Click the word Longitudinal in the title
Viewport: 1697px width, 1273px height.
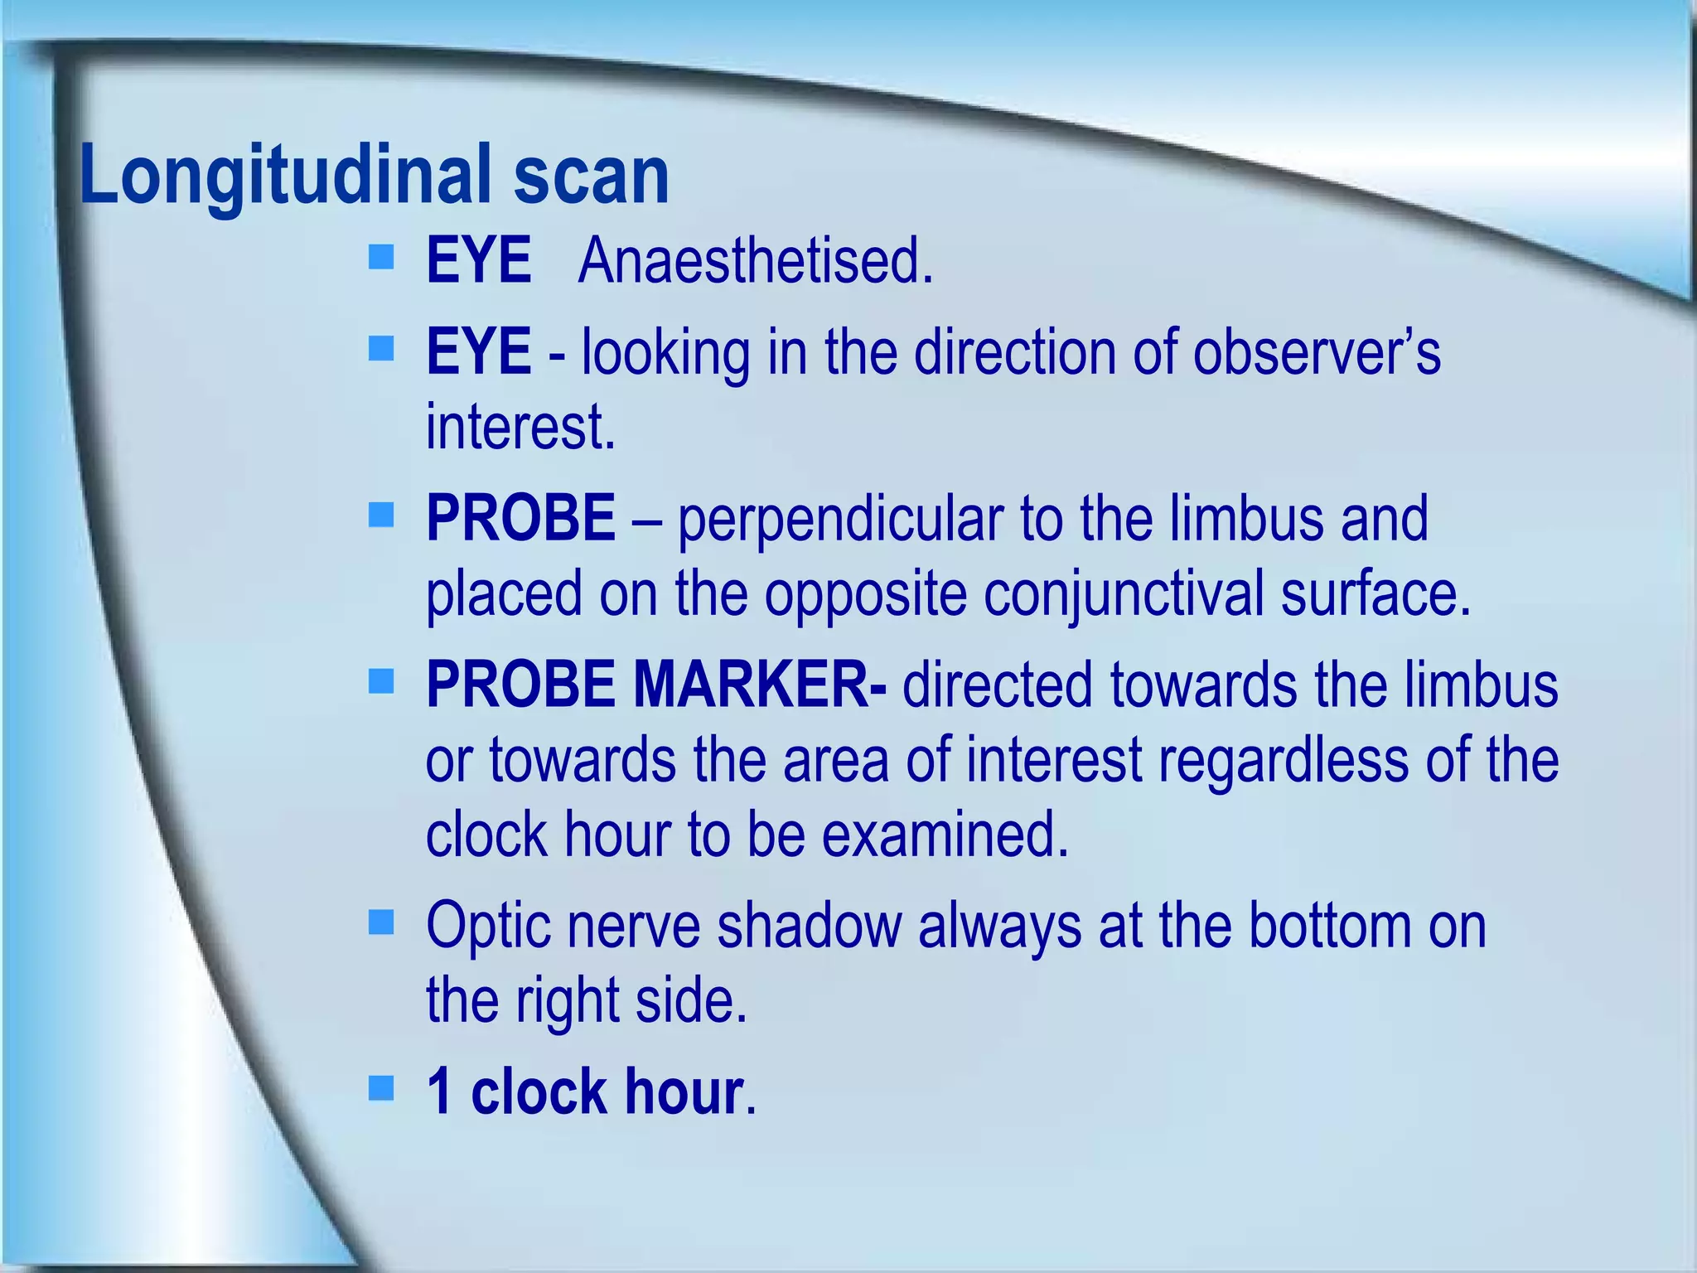(x=286, y=176)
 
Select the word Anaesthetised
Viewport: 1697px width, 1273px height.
(x=756, y=261)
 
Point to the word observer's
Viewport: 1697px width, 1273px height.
(x=1317, y=352)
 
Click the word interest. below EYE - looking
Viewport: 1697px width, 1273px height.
(x=520, y=427)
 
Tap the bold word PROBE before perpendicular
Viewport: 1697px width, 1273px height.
(x=520, y=518)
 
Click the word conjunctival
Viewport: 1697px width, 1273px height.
(x=1122, y=594)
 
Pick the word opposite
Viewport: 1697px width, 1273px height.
(x=865, y=594)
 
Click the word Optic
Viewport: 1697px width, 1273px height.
(x=488, y=926)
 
